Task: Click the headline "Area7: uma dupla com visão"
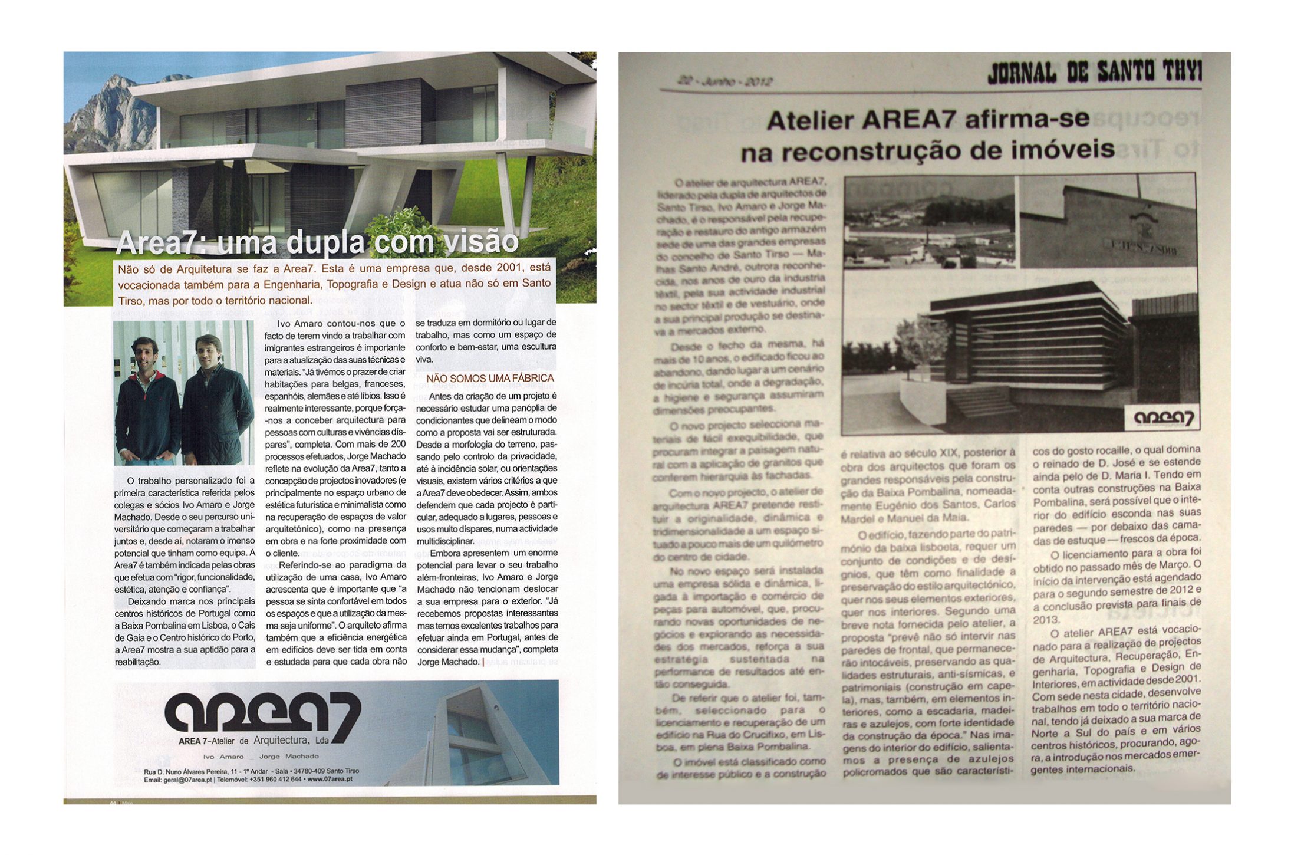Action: click(x=317, y=242)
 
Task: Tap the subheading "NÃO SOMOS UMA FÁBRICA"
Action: click(x=490, y=378)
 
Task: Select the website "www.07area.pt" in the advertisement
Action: click(x=330, y=780)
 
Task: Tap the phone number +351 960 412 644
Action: click(x=276, y=780)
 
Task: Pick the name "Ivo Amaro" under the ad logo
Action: click(x=223, y=757)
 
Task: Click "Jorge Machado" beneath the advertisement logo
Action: click(x=289, y=757)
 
